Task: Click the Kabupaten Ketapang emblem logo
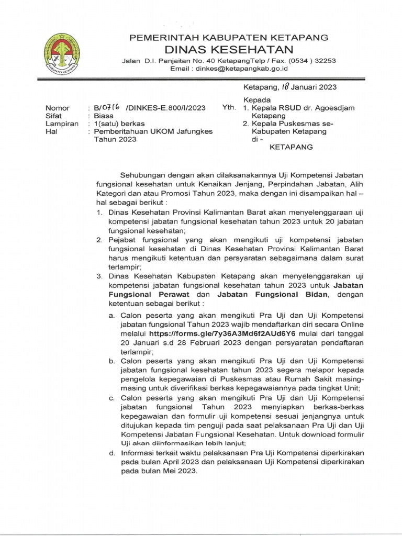(61, 52)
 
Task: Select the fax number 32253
(325, 60)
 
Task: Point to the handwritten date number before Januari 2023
(285, 87)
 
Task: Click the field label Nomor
(57, 108)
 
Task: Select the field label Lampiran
(62, 124)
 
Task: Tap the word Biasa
(104, 116)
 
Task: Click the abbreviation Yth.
(229, 108)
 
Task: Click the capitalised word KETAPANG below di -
(291, 147)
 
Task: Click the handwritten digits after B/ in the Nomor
(111, 107)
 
